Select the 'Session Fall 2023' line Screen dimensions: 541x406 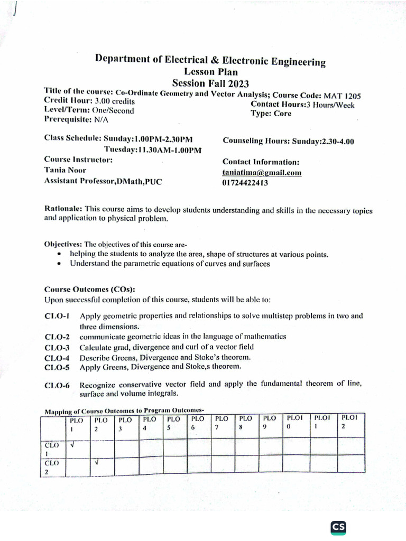[210, 83]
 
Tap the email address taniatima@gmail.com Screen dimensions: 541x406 [262, 172]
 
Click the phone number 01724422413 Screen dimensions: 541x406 [245, 183]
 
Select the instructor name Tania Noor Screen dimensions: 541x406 [65, 170]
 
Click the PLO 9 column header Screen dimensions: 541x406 [270, 423]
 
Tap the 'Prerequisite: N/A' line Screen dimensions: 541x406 [76, 120]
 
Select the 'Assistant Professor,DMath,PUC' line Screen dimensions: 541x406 [103, 181]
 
